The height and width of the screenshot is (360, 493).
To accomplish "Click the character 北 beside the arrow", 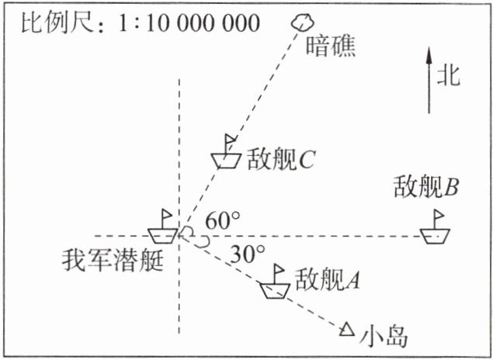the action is tap(449, 75).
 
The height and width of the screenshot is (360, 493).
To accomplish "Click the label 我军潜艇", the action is tap(113, 261).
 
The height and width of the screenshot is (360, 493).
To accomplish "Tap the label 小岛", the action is tap(384, 336).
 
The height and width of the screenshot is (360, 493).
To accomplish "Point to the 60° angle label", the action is tap(222, 221).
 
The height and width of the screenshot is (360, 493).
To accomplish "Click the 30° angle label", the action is tap(248, 253).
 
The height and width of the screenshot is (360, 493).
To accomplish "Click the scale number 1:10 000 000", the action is tap(187, 22).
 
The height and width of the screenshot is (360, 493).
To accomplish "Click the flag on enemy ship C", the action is tap(231, 140).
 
